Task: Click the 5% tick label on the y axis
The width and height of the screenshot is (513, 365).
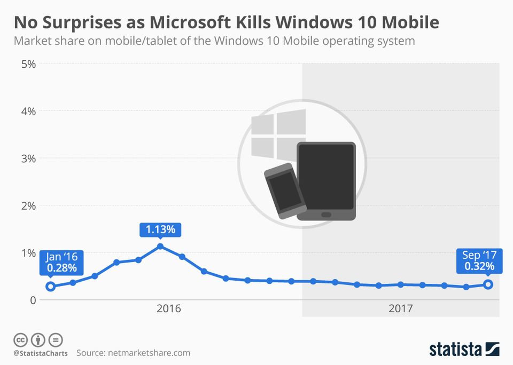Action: tap(28, 64)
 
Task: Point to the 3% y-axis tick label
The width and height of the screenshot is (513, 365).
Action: tap(28, 158)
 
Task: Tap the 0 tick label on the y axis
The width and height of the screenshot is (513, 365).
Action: tap(32, 300)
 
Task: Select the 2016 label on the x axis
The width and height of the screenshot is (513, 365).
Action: tap(169, 308)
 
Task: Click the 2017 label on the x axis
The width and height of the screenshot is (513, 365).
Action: tap(401, 308)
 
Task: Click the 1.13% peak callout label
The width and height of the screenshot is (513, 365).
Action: tap(160, 230)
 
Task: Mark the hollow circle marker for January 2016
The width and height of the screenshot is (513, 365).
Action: tap(50, 287)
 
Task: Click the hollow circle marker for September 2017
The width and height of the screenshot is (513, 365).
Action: tap(488, 284)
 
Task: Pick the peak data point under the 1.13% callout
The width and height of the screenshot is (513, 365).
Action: tap(160, 247)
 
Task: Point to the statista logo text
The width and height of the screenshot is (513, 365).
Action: tap(456, 350)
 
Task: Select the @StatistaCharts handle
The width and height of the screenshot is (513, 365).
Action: tap(41, 353)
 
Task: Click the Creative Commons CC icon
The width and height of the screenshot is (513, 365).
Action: tap(20, 339)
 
